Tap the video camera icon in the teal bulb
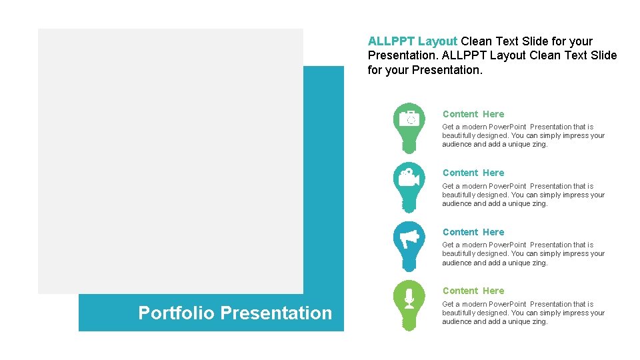[409, 178]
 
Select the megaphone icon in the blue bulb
[409, 237]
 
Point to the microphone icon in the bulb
[409, 296]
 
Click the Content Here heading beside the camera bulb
[473, 114]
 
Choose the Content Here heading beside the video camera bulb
[473, 173]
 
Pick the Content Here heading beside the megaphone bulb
[473, 232]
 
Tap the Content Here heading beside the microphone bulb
[473, 291]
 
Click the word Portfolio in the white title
[177, 313]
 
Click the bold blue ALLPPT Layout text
[413, 41]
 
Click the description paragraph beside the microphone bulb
[523, 313]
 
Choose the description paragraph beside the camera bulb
[523, 135]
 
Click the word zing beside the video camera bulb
[538, 204]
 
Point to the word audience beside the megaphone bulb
[457, 263]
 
